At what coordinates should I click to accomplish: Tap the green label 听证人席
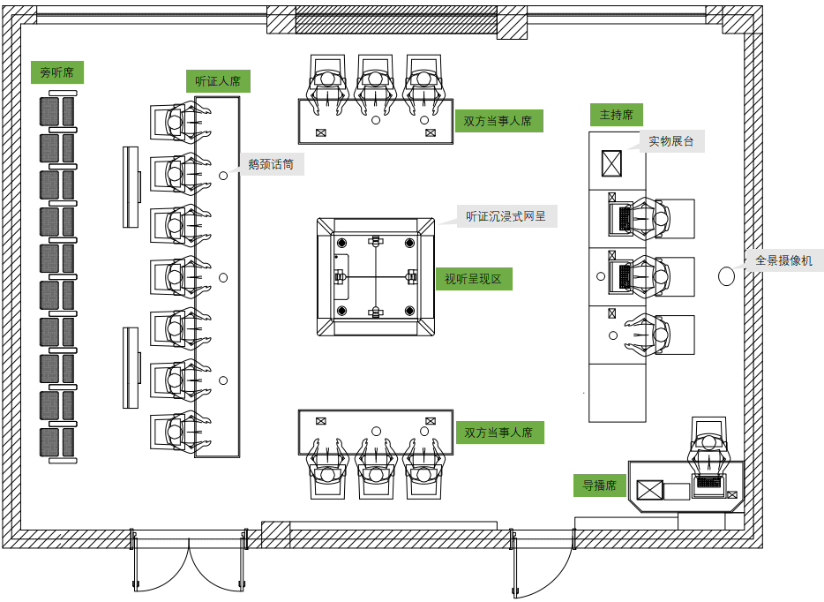coord(218,81)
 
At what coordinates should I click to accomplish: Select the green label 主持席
coord(616,115)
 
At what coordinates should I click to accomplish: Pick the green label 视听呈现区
coord(473,280)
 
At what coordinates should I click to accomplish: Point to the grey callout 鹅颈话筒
coord(271,164)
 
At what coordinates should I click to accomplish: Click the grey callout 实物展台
coord(671,141)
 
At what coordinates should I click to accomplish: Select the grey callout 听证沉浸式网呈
coord(507,216)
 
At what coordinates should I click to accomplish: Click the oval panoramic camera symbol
coord(726,276)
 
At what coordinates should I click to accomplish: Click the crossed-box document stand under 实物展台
coord(611,163)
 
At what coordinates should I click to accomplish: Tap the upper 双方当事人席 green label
coord(498,121)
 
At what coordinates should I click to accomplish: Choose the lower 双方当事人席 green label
coord(498,433)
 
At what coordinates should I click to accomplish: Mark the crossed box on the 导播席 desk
coord(650,491)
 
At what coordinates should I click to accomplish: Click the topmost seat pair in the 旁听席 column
coord(57,111)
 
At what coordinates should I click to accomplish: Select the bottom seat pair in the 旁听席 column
coord(57,441)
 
